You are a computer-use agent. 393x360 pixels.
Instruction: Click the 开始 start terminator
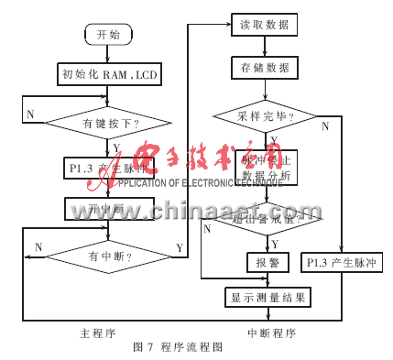coord(107,35)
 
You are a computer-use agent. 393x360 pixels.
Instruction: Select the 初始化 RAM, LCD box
coord(108,75)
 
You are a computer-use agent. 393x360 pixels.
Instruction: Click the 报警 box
coord(262,262)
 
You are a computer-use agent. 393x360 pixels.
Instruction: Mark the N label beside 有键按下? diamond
coord(30,114)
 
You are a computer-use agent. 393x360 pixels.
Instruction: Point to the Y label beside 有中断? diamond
coord(177,248)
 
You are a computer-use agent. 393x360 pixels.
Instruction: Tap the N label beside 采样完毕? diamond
coord(324,126)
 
